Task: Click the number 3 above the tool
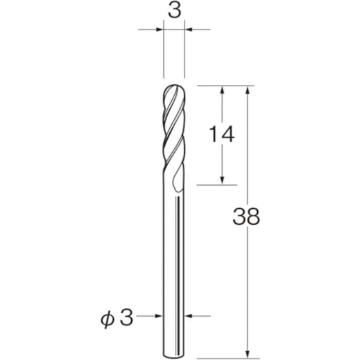pyautogui.click(x=174, y=12)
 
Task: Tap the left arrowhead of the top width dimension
pyautogui.click(x=159, y=30)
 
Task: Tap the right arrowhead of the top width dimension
pyautogui.click(x=189, y=30)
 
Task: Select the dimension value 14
pyautogui.click(x=222, y=135)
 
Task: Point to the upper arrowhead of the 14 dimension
pyautogui.click(x=222, y=90)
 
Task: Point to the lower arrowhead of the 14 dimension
pyautogui.click(x=222, y=179)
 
